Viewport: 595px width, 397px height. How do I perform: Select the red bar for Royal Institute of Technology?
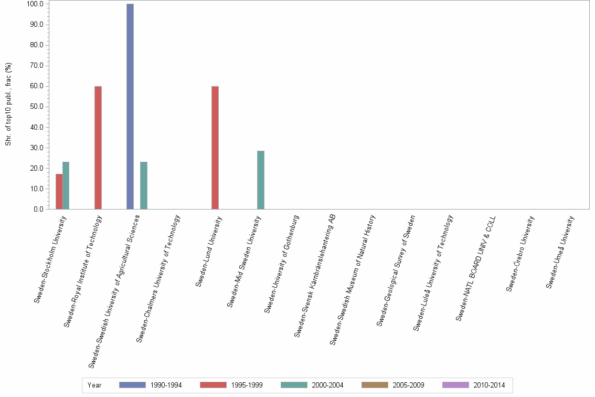(98, 148)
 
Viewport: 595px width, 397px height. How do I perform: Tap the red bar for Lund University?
(215, 148)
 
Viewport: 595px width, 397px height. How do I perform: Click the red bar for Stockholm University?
(59, 192)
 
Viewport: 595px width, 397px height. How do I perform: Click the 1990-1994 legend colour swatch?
(132, 385)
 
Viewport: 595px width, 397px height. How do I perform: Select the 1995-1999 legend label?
(247, 385)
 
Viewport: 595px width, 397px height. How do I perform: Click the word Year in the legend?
(94, 385)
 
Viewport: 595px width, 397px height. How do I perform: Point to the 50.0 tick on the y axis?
(37, 107)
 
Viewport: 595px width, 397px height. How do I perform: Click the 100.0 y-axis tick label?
(36, 4)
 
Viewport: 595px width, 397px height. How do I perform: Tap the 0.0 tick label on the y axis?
(38, 210)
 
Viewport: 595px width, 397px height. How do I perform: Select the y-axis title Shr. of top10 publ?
(8, 105)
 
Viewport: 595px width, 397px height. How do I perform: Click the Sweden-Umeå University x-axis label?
(560, 252)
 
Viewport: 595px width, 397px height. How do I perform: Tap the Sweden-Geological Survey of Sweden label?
(396, 270)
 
